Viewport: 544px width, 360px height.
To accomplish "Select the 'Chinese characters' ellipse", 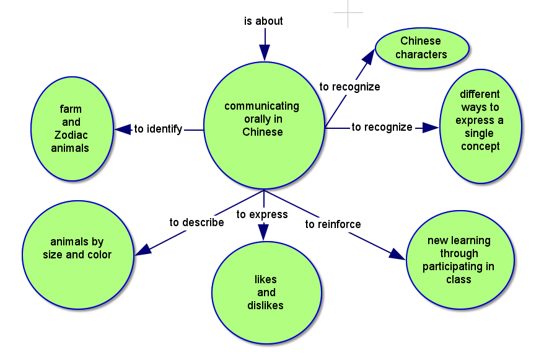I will pos(421,48).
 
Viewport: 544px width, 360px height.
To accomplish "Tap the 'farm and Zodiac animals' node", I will pos(72,129).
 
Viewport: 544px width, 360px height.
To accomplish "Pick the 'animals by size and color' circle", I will pos(77,248).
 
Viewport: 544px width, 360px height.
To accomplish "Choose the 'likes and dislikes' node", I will pos(266,292).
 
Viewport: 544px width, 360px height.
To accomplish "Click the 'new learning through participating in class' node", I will pos(459,260).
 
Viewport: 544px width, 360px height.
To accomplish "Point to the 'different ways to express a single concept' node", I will pos(480,127).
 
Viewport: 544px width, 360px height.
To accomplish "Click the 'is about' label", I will pos(263,21).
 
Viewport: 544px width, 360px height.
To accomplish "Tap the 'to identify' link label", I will pos(158,130).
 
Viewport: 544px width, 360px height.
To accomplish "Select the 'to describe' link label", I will pos(196,222).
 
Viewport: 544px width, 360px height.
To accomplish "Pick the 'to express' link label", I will pos(262,214).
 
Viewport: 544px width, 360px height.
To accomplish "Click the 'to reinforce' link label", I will pos(333,224).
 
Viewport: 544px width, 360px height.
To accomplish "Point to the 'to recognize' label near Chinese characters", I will pos(349,87).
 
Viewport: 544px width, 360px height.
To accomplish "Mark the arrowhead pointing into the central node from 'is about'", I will pos(265,53).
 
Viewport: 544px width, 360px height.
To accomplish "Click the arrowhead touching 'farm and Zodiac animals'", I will pos(123,130).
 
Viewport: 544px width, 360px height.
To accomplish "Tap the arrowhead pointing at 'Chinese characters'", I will pos(369,57).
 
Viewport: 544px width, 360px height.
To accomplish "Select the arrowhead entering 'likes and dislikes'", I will pos(264,232).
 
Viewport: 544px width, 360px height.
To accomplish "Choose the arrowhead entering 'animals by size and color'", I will pos(143,250).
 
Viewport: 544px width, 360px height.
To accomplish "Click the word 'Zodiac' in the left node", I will pos(70,135).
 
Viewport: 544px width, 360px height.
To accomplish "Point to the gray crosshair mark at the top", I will pos(348,12).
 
